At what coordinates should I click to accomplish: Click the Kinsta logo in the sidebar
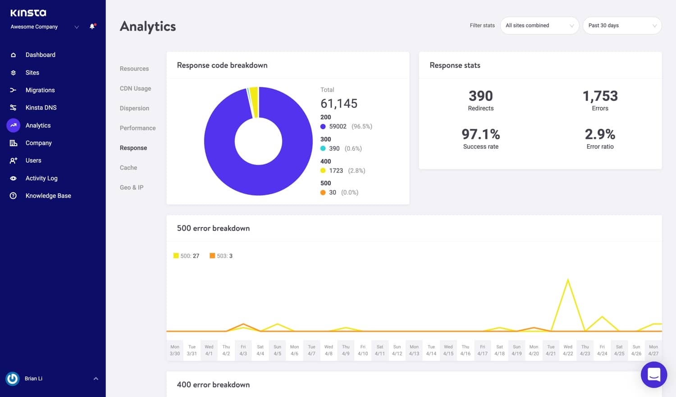point(28,13)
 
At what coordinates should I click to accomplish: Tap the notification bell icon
point(92,27)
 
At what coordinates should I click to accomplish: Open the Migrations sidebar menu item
point(40,90)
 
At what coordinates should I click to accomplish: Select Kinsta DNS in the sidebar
point(41,108)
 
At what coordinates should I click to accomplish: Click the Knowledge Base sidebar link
point(48,196)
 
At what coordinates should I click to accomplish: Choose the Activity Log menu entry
point(41,178)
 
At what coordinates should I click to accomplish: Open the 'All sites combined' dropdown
point(539,26)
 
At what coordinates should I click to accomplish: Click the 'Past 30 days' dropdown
point(622,26)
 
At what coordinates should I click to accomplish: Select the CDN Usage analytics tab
point(135,88)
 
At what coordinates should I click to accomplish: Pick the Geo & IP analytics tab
point(132,187)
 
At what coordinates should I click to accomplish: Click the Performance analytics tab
point(137,128)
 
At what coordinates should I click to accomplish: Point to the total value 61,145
point(339,104)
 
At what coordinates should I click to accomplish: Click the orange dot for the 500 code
point(323,192)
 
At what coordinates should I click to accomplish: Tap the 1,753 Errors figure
point(600,96)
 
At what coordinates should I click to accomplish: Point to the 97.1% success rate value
point(480,134)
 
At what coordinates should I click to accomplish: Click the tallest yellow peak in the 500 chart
point(568,280)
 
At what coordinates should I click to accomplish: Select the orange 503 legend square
point(212,256)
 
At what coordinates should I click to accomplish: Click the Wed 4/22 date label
point(568,350)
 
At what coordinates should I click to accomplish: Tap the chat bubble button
point(654,374)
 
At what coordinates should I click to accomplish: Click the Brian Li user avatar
point(13,379)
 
